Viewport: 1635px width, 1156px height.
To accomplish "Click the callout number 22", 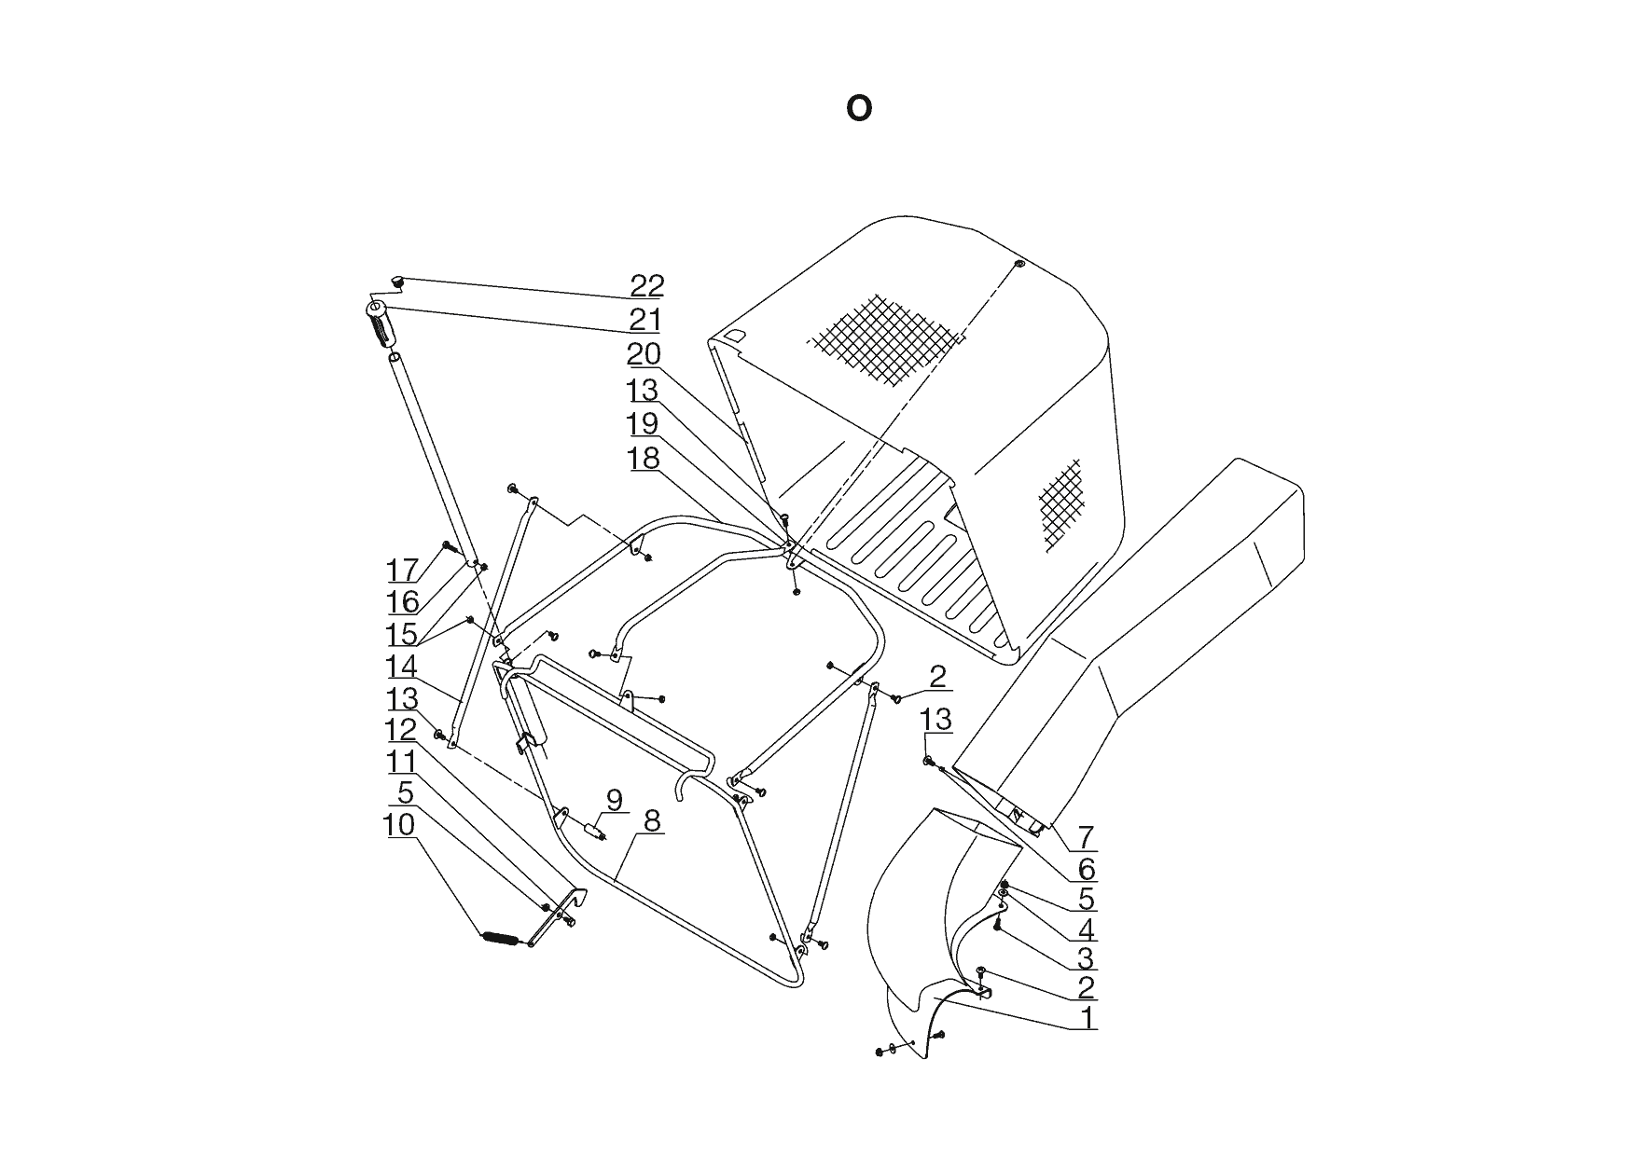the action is [x=646, y=285].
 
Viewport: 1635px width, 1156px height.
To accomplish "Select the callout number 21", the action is [x=644, y=320].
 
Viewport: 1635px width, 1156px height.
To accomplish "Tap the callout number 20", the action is [x=644, y=354].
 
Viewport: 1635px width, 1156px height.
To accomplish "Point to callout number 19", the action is [x=643, y=424].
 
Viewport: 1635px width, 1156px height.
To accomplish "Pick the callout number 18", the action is [x=643, y=459].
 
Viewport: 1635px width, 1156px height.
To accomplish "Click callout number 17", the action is [x=403, y=570].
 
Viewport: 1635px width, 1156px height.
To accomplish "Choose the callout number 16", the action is [x=403, y=601].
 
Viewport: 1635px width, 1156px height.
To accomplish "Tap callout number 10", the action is [x=400, y=825].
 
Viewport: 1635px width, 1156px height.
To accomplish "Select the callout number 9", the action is [x=614, y=800].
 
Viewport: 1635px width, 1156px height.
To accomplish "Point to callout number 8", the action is [x=651, y=821].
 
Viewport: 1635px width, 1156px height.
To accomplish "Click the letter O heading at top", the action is [x=859, y=109].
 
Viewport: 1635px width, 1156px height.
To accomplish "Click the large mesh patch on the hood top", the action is [x=883, y=338].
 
